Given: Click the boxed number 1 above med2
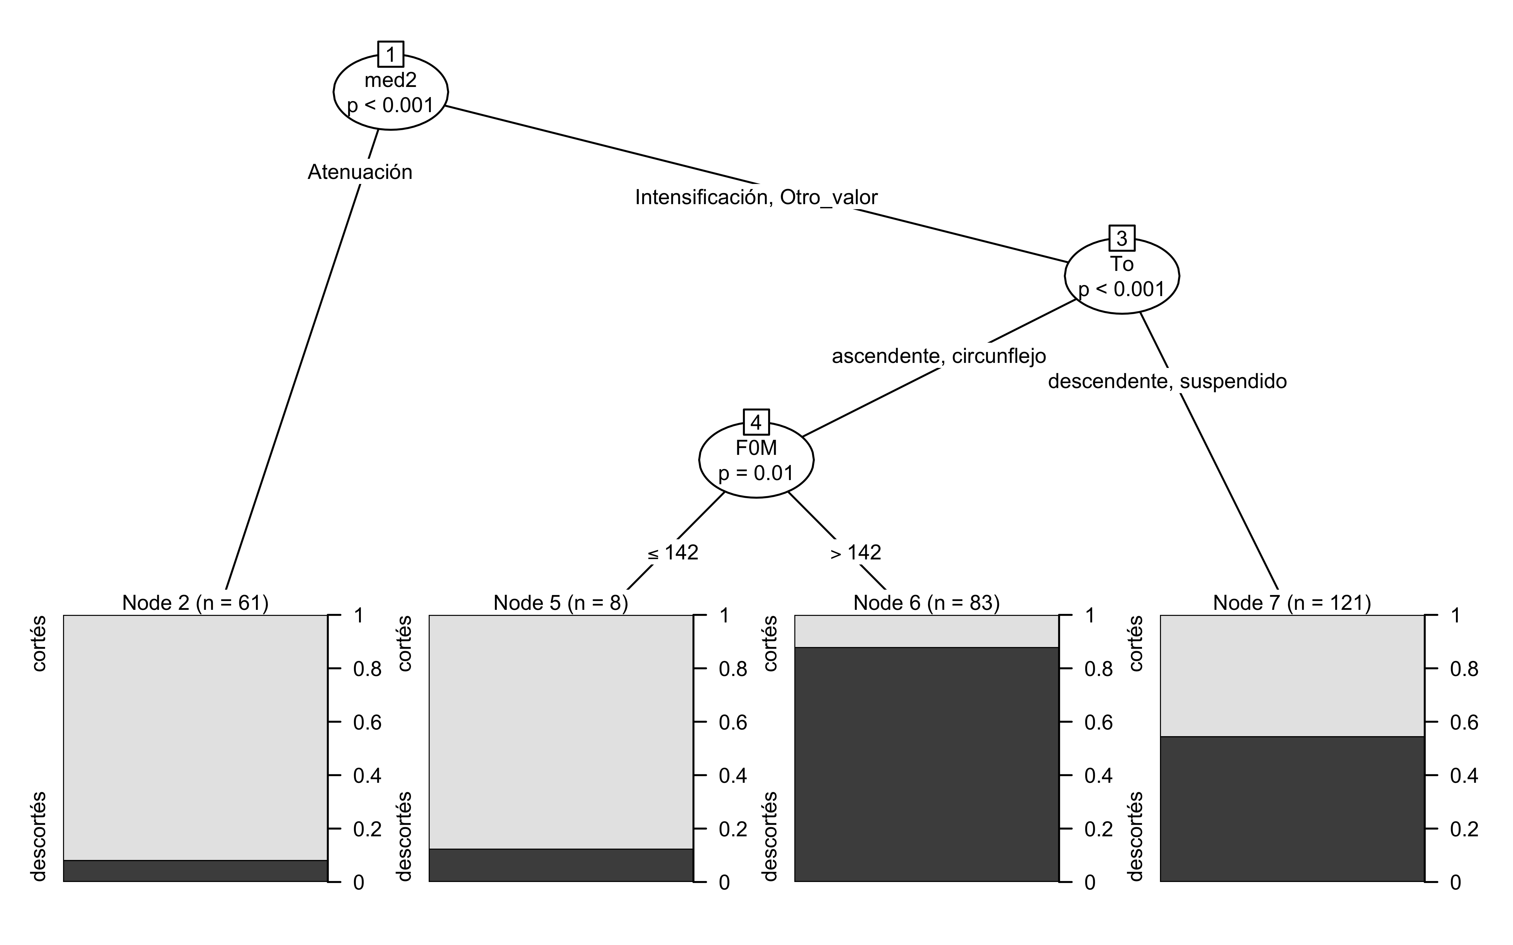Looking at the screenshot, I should click(x=391, y=54).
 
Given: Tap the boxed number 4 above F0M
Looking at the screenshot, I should click(x=756, y=422).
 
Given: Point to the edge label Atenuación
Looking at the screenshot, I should click(x=360, y=172).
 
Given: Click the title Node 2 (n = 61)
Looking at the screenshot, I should click(x=195, y=603).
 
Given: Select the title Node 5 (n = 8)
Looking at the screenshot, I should click(x=561, y=603).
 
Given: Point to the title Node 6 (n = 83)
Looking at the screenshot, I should click(x=927, y=603).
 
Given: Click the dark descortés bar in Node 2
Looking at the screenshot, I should click(x=195, y=871).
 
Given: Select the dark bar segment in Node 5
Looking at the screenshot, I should click(x=561, y=865).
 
